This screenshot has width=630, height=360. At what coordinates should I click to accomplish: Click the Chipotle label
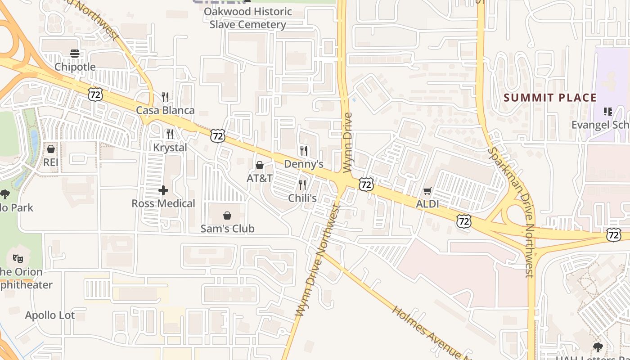pyautogui.click(x=75, y=67)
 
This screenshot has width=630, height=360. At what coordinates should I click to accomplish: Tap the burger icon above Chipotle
pyautogui.click(x=75, y=54)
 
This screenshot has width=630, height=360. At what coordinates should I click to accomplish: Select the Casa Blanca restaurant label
pyautogui.click(x=165, y=110)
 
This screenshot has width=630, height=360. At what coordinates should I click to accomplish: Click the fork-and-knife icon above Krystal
pyautogui.click(x=170, y=134)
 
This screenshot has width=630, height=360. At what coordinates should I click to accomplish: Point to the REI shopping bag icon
pyautogui.click(x=51, y=148)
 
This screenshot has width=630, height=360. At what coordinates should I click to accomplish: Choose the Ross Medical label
pyautogui.click(x=163, y=203)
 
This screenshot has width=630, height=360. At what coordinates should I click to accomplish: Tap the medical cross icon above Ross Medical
pyautogui.click(x=163, y=190)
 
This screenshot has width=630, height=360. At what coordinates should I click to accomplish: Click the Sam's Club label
pyautogui.click(x=227, y=229)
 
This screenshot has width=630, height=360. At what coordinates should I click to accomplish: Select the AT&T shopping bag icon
pyautogui.click(x=260, y=165)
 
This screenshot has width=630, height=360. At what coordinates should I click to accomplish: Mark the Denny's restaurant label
pyautogui.click(x=304, y=164)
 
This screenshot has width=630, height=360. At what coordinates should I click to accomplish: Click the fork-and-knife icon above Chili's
pyautogui.click(x=302, y=184)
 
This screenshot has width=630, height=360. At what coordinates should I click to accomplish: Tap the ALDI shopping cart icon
pyautogui.click(x=427, y=191)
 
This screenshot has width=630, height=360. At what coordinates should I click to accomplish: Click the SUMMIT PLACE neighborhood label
pyautogui.click(x=550, y=98)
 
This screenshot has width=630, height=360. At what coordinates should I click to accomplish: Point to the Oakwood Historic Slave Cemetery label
pyautogui.click(x=248, y=18)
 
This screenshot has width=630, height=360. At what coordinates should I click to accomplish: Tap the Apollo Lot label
pyautogui.click(x=50, y=315)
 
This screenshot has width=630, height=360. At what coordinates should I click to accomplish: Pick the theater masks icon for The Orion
pyautogui.click(x=18, y=258)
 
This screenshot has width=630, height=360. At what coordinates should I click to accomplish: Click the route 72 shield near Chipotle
pyautogui.click(x=95, y=94)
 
